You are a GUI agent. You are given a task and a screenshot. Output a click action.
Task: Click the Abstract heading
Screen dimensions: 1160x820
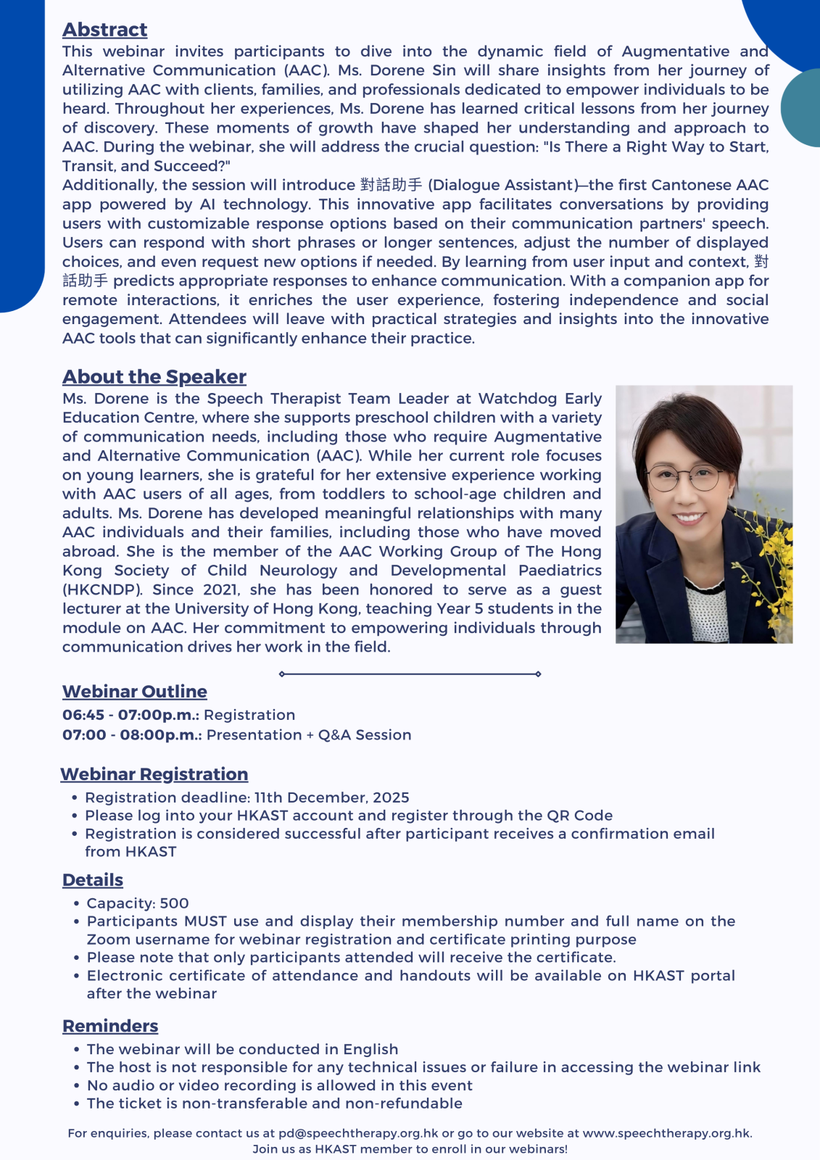(x=104, y=30)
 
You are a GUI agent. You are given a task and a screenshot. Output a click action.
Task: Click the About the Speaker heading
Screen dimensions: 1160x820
(x=154, y=377)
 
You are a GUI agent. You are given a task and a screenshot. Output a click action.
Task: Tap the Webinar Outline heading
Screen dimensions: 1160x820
(x=134, y=692)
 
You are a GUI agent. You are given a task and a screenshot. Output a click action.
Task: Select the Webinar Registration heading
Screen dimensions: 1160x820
(x=154, y=774)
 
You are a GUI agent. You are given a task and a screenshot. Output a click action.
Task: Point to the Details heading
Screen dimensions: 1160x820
(x=92, y=880)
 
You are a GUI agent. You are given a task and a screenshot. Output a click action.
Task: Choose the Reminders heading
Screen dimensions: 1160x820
(x=109, y=1026)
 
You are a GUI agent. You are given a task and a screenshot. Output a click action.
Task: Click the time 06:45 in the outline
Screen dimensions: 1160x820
(x=82, y=715)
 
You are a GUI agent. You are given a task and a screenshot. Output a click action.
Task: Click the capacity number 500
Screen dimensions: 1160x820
(x=174, y=903)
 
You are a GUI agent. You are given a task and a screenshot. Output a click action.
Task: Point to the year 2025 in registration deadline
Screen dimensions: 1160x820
(x=391, y=797)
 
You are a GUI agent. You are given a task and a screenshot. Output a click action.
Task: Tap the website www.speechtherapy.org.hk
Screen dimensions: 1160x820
(x=666, y=1133)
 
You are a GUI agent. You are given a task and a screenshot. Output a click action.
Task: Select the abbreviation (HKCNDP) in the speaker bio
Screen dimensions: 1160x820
(x=102, y=589)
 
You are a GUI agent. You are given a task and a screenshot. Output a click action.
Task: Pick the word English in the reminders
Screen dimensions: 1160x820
(x=370, y=1049)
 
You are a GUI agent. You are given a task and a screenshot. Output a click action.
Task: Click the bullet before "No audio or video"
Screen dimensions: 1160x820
(x=77, y=1086)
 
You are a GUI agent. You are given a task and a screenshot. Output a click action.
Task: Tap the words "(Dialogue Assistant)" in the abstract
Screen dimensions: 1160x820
(x=505, y=186)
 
